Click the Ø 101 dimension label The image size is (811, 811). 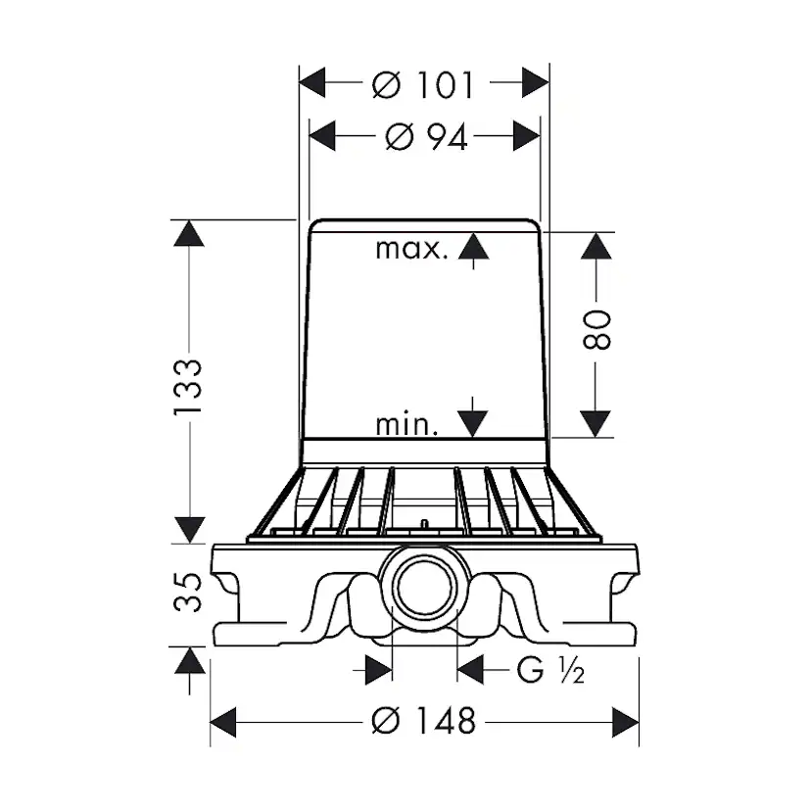pyautogui.click(x=422, y=85)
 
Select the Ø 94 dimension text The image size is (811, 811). pyautogui.click(x=427, y=137)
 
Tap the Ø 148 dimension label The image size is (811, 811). pyautogui.click(x=423, y=721)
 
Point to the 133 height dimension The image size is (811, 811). pyautogui.click(x=187, y=386)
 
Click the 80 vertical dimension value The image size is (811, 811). pyautogui.click(x=596, y=330)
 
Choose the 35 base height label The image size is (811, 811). pyautogui.click(x=187, y=592)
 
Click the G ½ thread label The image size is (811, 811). pyautogui.click(x=550, y=670)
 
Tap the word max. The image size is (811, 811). pyautogui.click(x=411, y=249)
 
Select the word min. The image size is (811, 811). pyautogui.click(x=406, y=425)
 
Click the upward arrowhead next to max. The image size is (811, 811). pyautogui.click(x=473, y=246)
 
